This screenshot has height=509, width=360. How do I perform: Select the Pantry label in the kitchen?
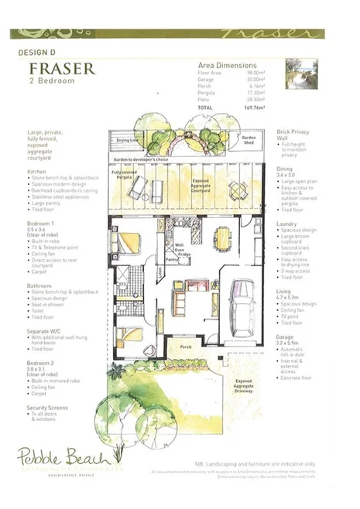[173, 261]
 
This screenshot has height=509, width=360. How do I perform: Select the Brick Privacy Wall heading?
[294, 134]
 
